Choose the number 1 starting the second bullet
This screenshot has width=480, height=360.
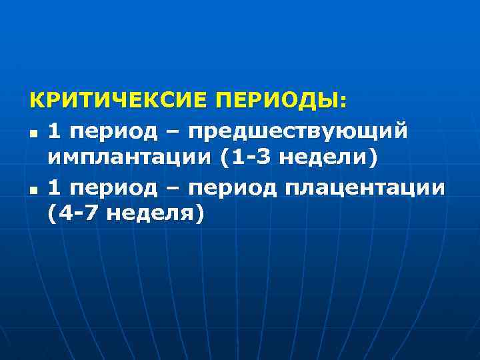(55, 188)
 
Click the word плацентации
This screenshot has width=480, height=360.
(363, 188)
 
